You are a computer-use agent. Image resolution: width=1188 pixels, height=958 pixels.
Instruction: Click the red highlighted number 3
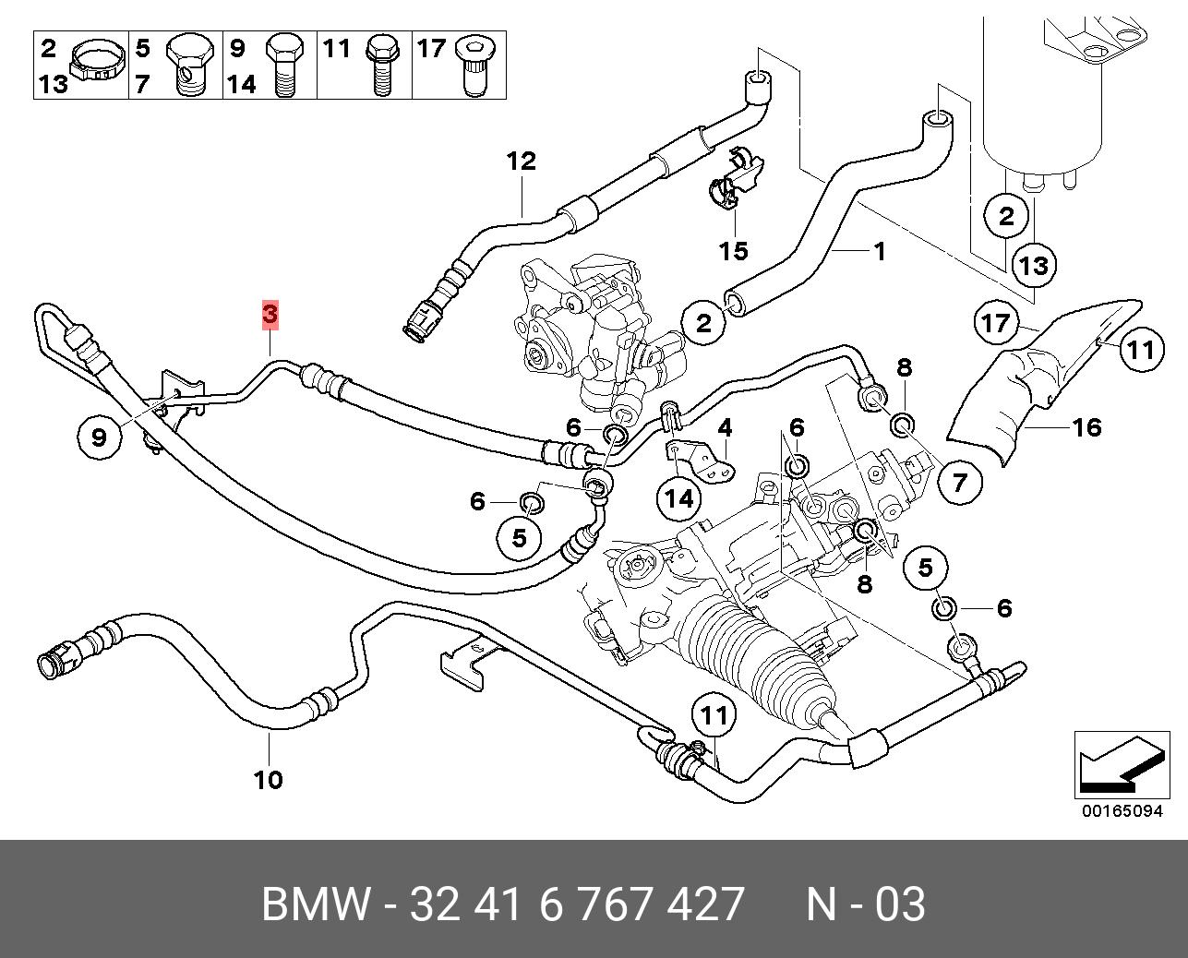click(270, 315)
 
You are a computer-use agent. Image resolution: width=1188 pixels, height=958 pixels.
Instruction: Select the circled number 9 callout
click(100, 435)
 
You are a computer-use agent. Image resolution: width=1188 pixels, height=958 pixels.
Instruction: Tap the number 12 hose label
click(521, 162)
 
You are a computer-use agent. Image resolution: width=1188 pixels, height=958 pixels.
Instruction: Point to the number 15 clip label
click(734, 251)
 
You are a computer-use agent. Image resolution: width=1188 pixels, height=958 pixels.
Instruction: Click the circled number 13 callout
click(1034, 266)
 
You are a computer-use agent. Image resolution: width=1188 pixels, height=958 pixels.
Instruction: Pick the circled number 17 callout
click(995, 324)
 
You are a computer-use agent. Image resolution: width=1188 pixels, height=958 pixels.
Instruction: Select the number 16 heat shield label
click(1086, 427)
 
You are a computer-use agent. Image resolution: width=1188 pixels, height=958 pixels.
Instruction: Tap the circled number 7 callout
click(960, 482)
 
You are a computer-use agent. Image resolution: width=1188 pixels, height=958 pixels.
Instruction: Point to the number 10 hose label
click(268, 780)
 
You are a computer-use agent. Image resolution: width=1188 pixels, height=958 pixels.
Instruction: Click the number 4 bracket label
click(725, 427)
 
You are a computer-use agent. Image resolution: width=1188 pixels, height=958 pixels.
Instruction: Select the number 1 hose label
click(879, 250)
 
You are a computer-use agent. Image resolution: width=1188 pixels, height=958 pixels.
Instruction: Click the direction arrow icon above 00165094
click(1116, 763)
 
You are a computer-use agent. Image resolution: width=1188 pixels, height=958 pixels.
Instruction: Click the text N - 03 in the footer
click(865, 904)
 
